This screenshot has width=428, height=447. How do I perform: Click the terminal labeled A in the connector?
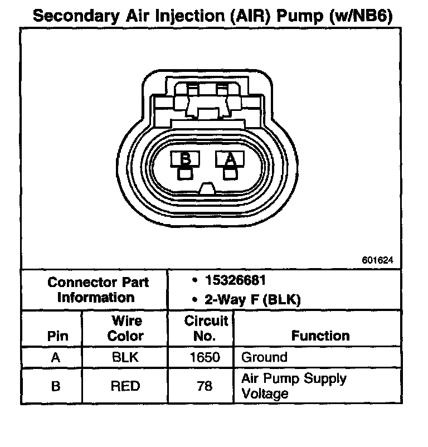230,159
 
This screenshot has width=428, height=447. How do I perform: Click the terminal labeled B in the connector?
186,159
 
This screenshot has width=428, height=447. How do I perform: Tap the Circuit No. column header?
205,328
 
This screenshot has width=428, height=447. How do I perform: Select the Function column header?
320,336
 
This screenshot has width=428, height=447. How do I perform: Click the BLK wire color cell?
125,357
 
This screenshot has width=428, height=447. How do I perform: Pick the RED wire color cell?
125,386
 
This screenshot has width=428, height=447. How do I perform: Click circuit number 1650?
205,357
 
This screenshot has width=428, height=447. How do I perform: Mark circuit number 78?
205,386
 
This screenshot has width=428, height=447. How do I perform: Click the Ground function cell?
264,357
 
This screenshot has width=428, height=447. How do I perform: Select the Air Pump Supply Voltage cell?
293,386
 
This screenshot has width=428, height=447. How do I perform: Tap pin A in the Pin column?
55,357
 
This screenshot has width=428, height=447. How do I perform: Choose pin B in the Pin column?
55,386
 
